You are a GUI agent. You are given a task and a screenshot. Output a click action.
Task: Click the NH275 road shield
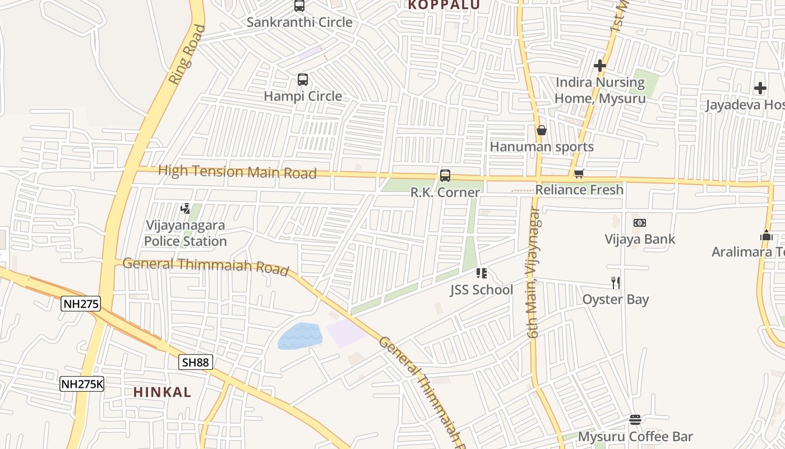[x=81, y=304]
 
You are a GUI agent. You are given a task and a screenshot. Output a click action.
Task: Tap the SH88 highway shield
[x=196, y=362]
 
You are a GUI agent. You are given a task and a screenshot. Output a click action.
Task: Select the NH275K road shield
[x=82, y=384]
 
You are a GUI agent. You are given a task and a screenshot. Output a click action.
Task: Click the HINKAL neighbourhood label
[x=162, y=392]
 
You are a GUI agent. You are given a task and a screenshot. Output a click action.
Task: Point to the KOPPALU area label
[x=444, y=5]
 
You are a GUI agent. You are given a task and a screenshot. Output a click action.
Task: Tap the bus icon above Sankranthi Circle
[x=299, y=6]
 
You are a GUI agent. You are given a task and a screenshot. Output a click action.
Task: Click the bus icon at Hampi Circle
[x=303, y=80]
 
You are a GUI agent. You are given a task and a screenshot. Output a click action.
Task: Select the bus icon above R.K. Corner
[x=445, y=176]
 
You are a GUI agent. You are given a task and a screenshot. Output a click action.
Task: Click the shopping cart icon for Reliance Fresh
[x=579, y=173]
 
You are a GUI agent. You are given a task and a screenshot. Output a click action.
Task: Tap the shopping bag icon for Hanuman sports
[x=542, y=131]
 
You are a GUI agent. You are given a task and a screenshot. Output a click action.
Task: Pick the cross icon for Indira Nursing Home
[x=600, y=66]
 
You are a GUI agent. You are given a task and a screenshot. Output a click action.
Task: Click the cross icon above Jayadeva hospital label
[x=760, y=88]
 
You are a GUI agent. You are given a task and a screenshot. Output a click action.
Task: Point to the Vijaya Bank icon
[x=640, y=223]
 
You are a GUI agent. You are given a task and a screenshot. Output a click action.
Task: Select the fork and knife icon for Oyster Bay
[x=616, y=282]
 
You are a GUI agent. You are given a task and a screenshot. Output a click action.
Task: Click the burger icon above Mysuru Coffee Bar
[x=635, y=420]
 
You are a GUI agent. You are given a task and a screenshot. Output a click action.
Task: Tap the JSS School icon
[x=481, y=273]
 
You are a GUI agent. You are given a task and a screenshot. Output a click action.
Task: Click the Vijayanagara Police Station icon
[x=186, y=209]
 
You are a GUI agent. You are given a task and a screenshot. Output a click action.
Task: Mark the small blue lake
[x=300, y=336]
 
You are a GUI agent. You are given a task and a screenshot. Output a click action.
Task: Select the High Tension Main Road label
[x=237, y=171]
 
